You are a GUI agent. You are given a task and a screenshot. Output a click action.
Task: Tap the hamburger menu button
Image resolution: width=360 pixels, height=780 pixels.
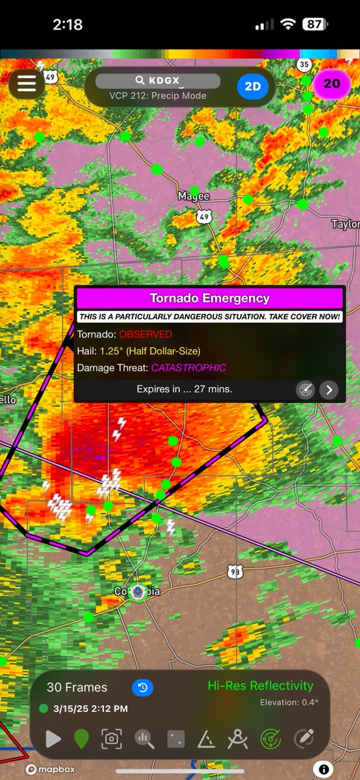26,84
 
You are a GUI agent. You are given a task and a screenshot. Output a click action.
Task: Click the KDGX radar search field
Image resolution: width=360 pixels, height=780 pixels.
158,81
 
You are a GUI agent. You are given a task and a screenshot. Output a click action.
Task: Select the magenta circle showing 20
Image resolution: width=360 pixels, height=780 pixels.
331,84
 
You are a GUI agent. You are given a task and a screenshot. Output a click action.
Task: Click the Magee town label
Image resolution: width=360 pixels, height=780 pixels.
194,196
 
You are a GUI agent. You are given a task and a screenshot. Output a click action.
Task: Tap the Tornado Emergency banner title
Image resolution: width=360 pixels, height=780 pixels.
209,299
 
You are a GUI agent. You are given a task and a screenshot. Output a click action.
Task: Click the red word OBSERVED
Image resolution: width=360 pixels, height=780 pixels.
146,334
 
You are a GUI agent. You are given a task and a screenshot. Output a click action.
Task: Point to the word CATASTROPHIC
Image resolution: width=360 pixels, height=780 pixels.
188,368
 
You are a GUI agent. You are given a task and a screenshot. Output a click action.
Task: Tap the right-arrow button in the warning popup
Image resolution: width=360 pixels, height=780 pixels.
329,389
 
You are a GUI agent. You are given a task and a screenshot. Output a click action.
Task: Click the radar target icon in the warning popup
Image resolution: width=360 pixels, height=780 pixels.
305,389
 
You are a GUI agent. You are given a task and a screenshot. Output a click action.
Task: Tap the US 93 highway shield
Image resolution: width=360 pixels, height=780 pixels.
235,571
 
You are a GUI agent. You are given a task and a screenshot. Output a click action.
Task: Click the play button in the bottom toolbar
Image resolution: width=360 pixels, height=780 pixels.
53,739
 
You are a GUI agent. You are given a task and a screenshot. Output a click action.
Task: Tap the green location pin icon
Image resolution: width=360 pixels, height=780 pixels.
82,739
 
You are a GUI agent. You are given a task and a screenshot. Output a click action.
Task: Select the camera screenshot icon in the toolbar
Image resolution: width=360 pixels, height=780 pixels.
112,739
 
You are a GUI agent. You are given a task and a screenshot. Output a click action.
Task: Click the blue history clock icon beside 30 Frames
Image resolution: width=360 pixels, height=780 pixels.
142,687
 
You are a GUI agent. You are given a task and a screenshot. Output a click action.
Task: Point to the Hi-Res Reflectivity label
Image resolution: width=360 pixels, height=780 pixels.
260,686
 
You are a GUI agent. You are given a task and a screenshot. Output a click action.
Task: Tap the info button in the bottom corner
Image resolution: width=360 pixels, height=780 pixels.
322,770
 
